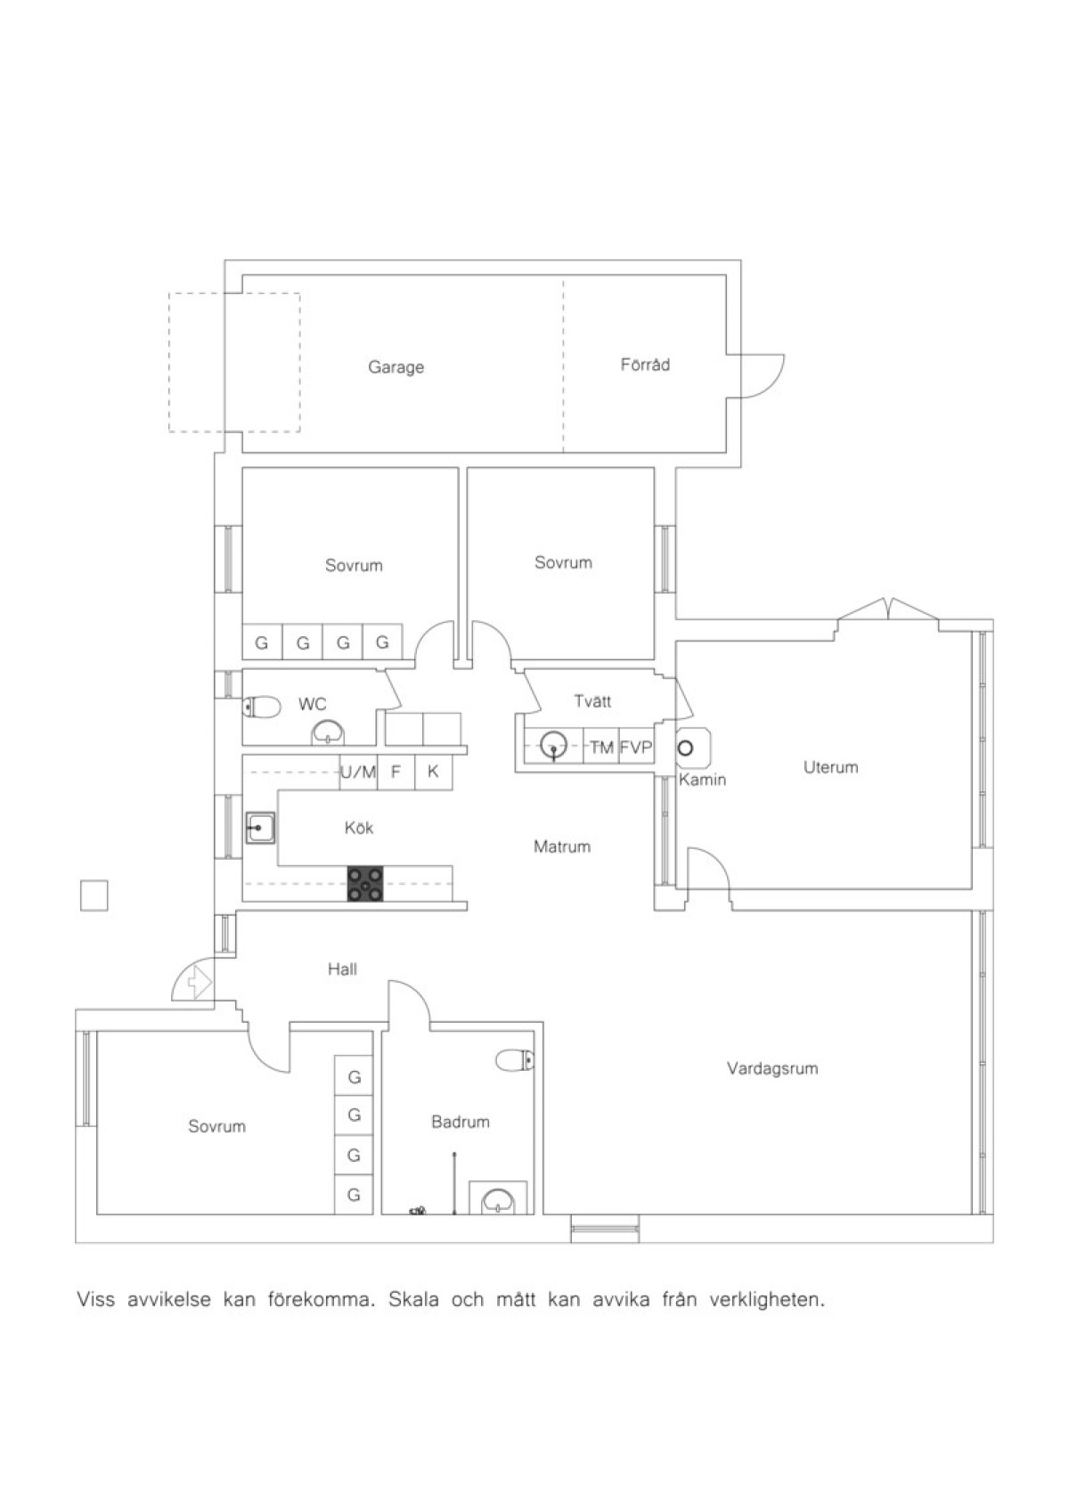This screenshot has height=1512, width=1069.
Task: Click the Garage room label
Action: coord(396,368)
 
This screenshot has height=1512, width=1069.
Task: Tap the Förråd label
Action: coord(645,364)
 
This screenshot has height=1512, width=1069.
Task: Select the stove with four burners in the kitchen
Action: coord(365,884)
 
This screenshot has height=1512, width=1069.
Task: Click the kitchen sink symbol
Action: coord(260,828)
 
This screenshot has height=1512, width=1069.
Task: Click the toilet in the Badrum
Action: coord(514,1059)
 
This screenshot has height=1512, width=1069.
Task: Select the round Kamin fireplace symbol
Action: coord(686,748)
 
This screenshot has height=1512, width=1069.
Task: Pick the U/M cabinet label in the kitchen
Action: coord(358,772)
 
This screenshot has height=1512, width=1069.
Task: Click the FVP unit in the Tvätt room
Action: coord(636,748)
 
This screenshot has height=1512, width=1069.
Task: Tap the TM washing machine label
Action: coord(601,748)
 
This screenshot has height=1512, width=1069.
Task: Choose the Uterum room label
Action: coord(831,767)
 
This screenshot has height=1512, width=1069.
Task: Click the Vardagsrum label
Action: coord(772,1068)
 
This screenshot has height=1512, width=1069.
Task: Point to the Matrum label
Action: coord(561,846)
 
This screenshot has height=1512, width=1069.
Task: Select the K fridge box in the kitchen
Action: coord(433,772)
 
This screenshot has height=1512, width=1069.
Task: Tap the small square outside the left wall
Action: coord(94,895)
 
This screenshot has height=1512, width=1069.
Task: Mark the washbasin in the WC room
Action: coord(328,733)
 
